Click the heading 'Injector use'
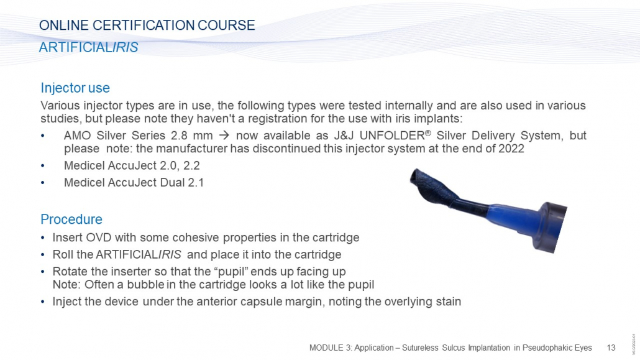pyautogui.click(x=75, y=88)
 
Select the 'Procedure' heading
pyautogui.click(x=71, y=219)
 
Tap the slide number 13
pyautogui.click(x=611, y=348)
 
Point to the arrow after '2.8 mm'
pyautogui.click(x=224, y=136)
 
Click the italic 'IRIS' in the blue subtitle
pyautogui.click(x=126, y=47)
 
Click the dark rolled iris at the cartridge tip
pyautogui.click(x=432, y=188)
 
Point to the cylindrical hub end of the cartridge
pyautogui.click(x=549, y=227)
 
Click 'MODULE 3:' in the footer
pyautogui.click(x=330, y=348)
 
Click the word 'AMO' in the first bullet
pyautogui.click(x=77, y=136)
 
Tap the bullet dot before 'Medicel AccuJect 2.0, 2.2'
pyautogui.click(x=43, y=166)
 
